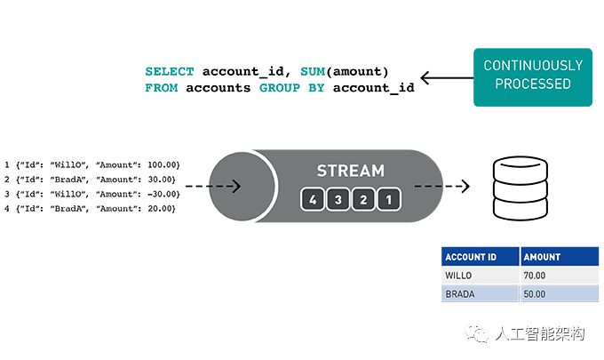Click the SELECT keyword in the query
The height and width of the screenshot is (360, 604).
coord(170,72)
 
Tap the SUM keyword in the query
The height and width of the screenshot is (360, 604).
coord(313,72)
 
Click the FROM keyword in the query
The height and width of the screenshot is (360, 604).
coord(162,88)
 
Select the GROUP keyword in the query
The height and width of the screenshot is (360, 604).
coord(280,88)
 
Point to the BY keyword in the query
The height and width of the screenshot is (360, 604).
coord(316,88)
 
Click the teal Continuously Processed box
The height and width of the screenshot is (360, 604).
coord(533,77)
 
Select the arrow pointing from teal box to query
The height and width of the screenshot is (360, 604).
coord(447,77)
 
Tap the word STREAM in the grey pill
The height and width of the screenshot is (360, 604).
coord(351,171)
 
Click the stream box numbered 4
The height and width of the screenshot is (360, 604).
coord(313,199)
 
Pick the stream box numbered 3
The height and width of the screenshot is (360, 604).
coord(338,199)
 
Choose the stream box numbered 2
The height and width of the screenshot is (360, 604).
coord(363,199)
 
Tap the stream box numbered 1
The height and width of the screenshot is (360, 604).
coord(389,199)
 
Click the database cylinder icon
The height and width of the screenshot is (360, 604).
coord(521,188)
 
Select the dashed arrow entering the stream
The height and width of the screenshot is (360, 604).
coord(213,186)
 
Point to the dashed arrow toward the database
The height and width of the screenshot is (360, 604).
coord(441,186)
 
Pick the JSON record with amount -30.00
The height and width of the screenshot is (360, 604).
coord(92,194)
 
